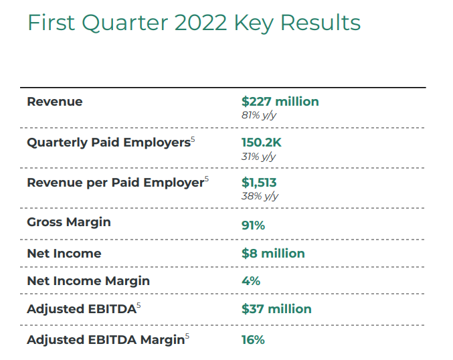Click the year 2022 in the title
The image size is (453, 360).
197,23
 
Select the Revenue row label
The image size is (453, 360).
55,102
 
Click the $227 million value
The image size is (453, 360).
280,102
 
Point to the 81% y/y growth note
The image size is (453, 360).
259,115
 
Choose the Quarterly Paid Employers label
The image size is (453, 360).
108,143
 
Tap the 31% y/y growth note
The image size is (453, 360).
258,156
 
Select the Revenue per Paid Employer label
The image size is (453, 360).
114,183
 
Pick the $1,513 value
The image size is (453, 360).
259,183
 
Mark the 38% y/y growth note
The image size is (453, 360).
260,196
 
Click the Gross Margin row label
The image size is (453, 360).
69,221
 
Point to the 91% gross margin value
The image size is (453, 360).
253,226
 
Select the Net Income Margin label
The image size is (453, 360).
88,281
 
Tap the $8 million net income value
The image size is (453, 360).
273,254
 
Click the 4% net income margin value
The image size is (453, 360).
251,281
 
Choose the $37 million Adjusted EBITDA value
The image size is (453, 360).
276,308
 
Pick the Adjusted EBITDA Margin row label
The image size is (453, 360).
105,340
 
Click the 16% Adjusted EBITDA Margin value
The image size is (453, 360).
253,340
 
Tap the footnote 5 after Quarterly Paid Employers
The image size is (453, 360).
193,139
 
